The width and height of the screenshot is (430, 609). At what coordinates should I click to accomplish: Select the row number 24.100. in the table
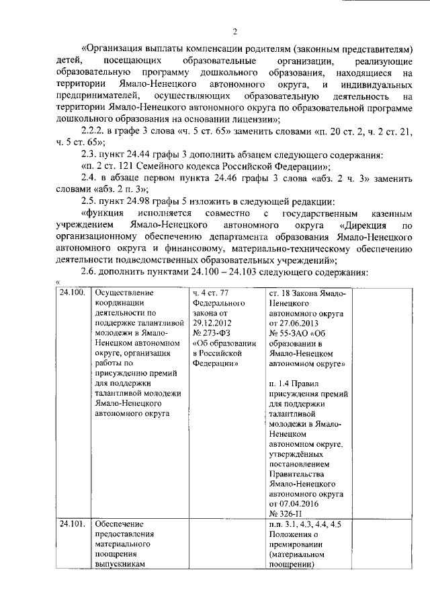pos(72,293)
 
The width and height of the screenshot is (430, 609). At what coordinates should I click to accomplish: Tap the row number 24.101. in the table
pos(72,524)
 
